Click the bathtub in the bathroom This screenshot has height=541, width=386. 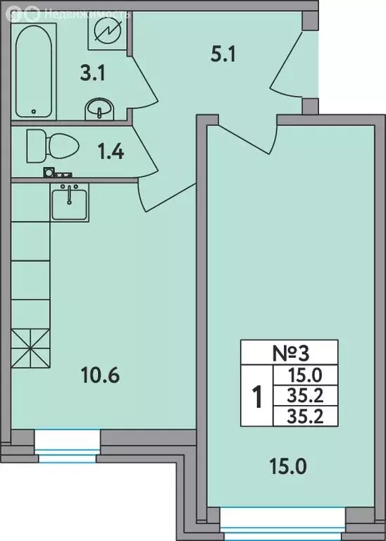click(35, 70)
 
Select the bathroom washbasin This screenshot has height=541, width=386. click(99, 109)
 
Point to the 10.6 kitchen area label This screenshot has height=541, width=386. click(101, 375)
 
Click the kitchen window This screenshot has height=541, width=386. click(67, 448)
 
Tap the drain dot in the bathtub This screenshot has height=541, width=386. click(35, 111)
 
